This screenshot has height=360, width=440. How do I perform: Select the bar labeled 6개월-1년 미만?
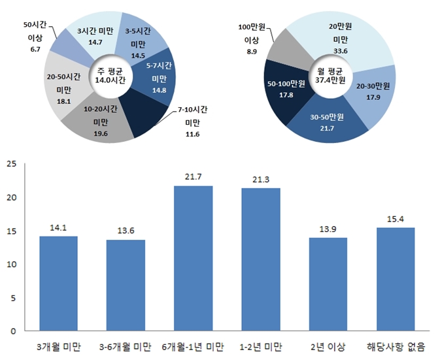click(x=193, y=258)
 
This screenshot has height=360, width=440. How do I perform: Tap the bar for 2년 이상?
click(x=328, y=284)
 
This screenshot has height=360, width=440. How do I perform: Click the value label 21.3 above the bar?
click(x=260, y=180)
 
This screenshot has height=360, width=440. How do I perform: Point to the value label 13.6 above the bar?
click(x=126, y=231)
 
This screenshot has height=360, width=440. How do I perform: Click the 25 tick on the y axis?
click(x=11, y=164)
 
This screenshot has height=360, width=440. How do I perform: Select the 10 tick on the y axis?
click(x=11, y=264)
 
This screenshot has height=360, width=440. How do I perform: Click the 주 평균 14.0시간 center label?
click(x=110, y=75)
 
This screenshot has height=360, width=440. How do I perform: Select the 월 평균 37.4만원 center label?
click(x=330, y=75)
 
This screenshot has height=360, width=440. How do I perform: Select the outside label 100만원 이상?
click(x=250, y=40)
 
